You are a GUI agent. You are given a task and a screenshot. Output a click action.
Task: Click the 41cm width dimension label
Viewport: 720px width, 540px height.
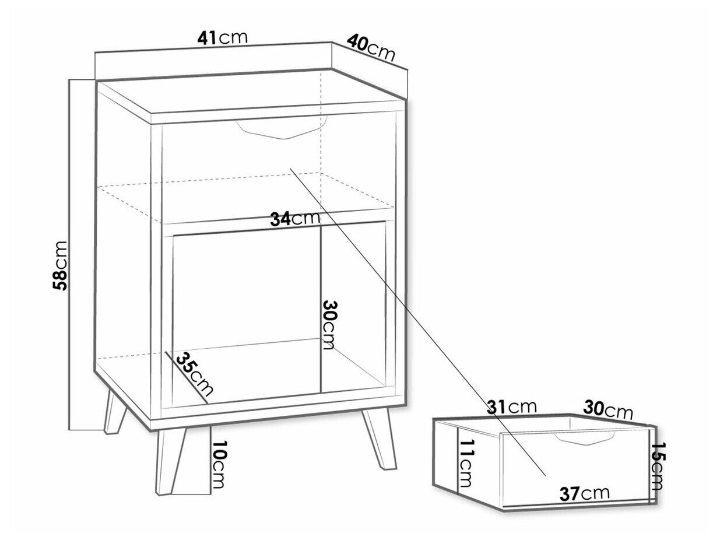[x=222, y=38]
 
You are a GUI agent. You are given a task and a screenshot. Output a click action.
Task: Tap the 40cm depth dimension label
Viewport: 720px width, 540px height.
[x=371, y=48]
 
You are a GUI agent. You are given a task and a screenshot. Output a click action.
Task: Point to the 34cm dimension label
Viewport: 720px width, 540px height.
[x=295, y=219]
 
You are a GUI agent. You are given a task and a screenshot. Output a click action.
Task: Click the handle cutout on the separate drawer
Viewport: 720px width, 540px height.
[x=584, y=437]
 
